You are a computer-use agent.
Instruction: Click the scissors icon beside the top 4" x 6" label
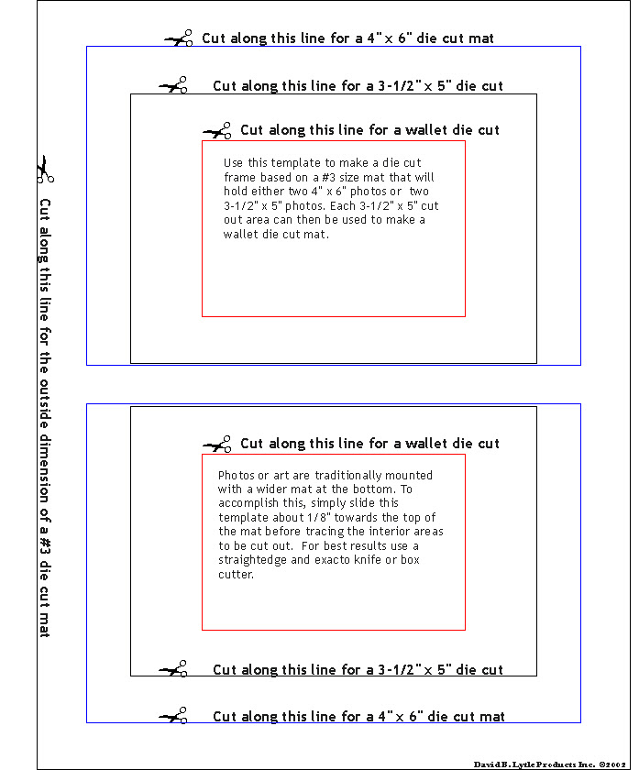[x=179, y=38]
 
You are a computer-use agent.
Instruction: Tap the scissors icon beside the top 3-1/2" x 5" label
[x=173, y=85]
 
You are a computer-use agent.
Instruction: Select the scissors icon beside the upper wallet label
[x=218, y=131]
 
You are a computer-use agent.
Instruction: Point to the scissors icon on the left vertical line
[x=45, y=169]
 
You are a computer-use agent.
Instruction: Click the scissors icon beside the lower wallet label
[x=217, y=445]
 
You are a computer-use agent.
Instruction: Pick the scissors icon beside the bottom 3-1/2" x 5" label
[x=173, y=669]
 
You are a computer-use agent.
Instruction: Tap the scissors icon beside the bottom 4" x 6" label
[x=173, y=716]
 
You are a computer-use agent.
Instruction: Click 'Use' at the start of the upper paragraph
[x=234, y=162]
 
